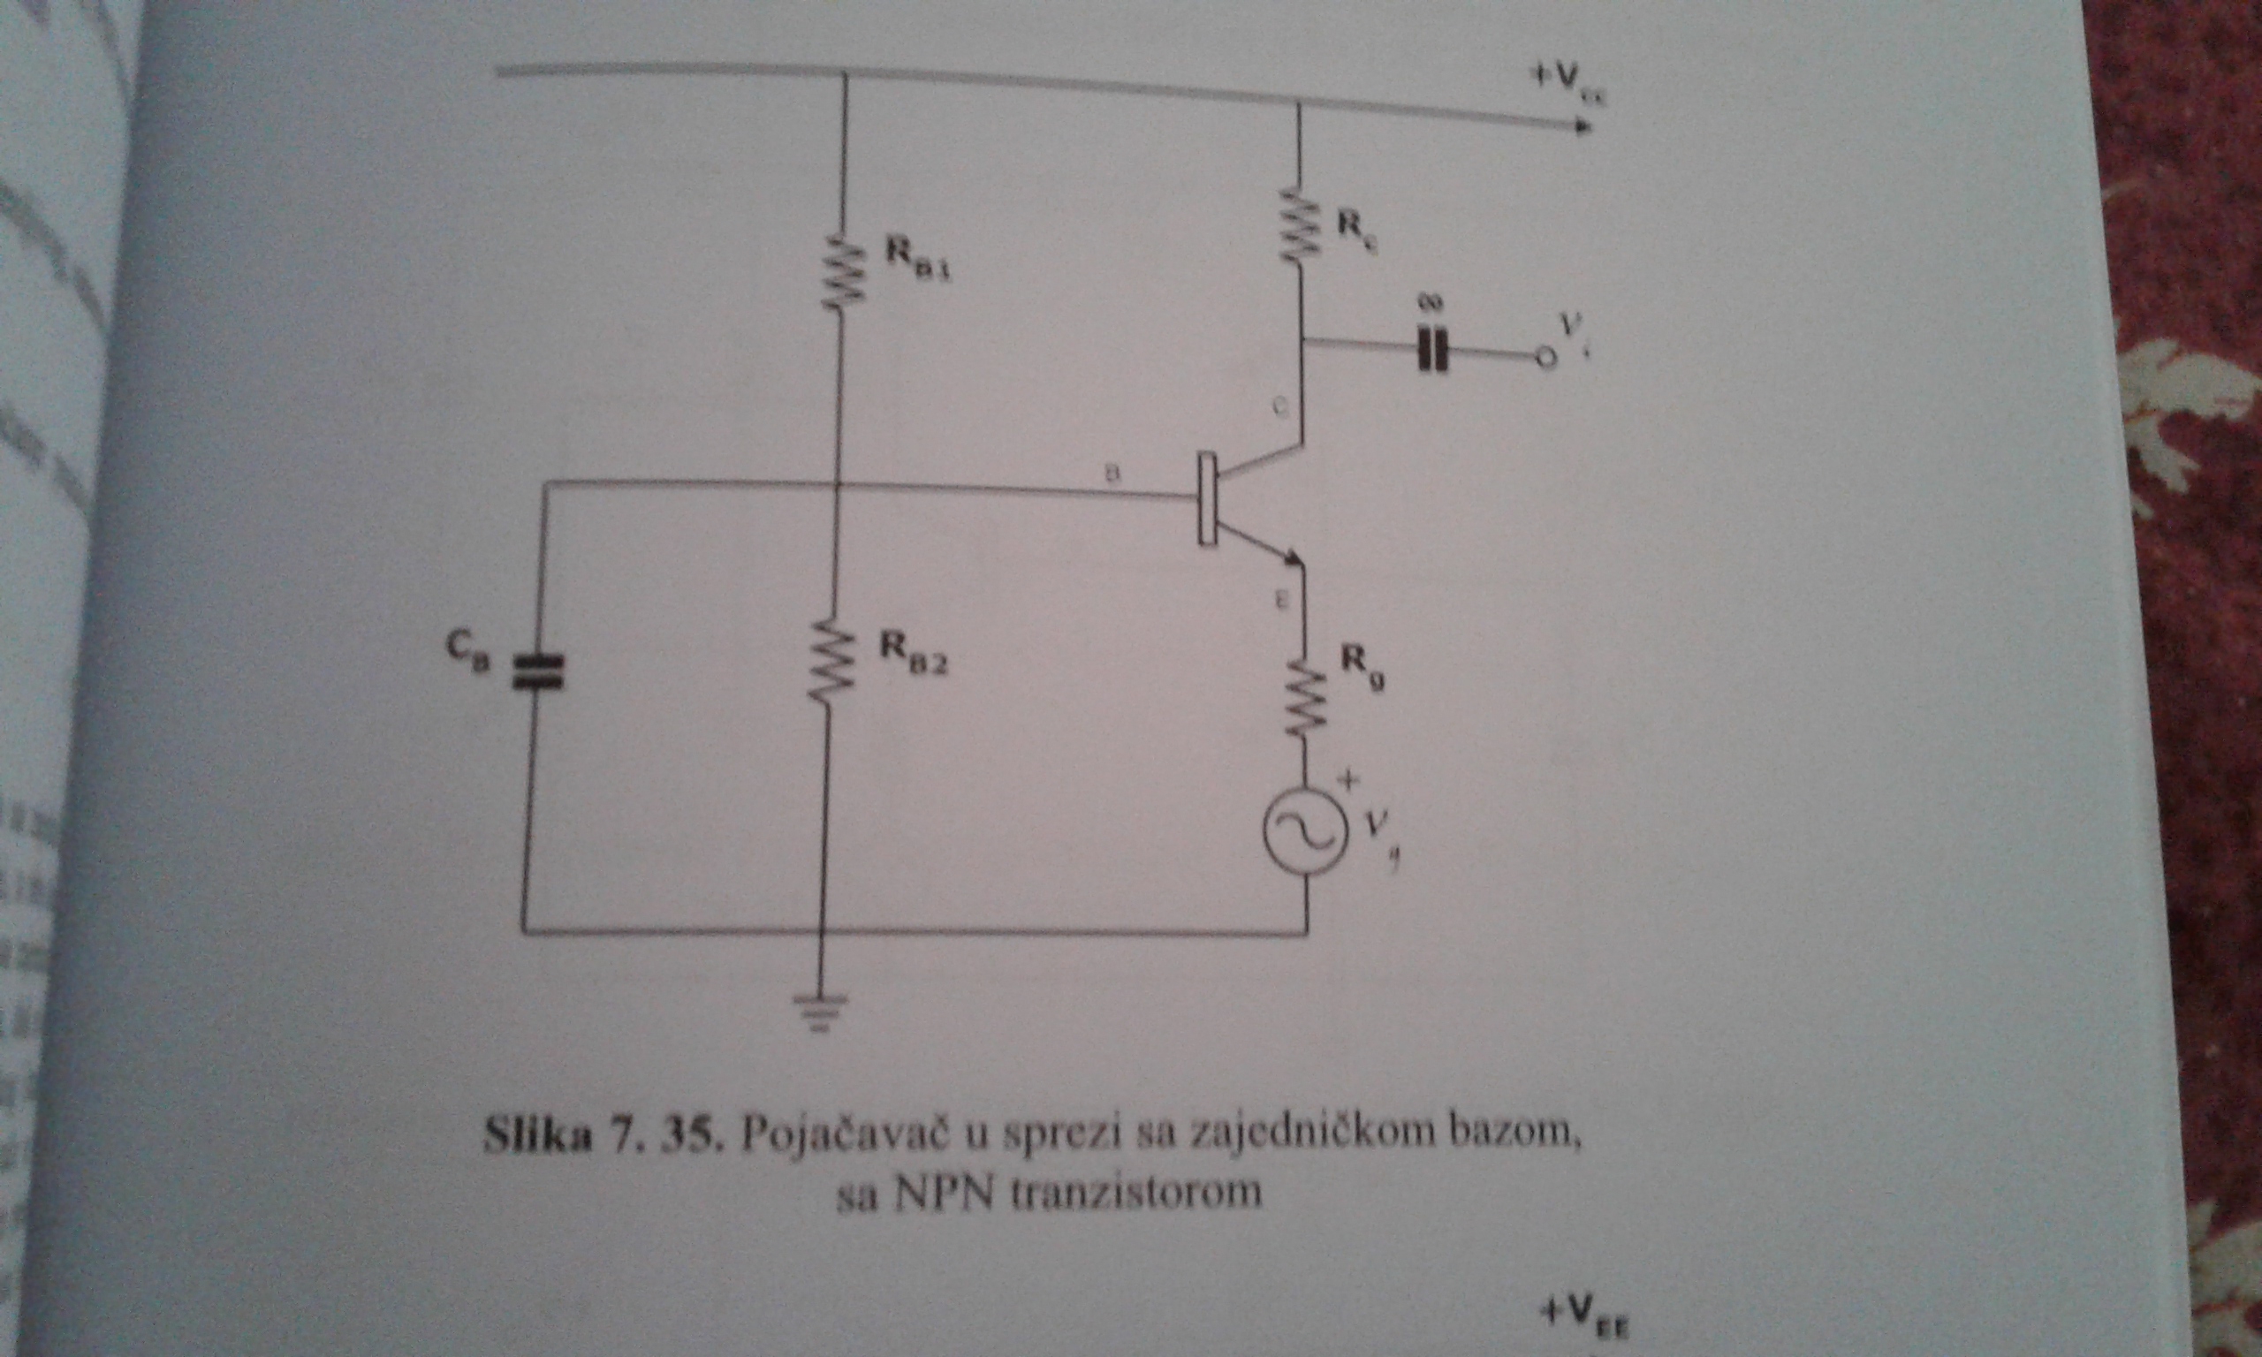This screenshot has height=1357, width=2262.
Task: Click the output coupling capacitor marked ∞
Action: [x=1431, y=351]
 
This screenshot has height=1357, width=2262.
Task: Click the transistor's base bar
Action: [x=1208, y=500]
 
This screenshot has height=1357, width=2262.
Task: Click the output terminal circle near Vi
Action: [x=1544, y=360]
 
